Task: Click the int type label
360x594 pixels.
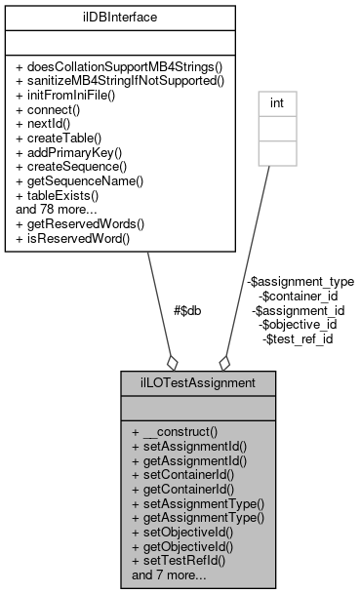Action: click(x=276, y=99)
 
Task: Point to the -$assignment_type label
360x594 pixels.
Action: click(x=300, y=281)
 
